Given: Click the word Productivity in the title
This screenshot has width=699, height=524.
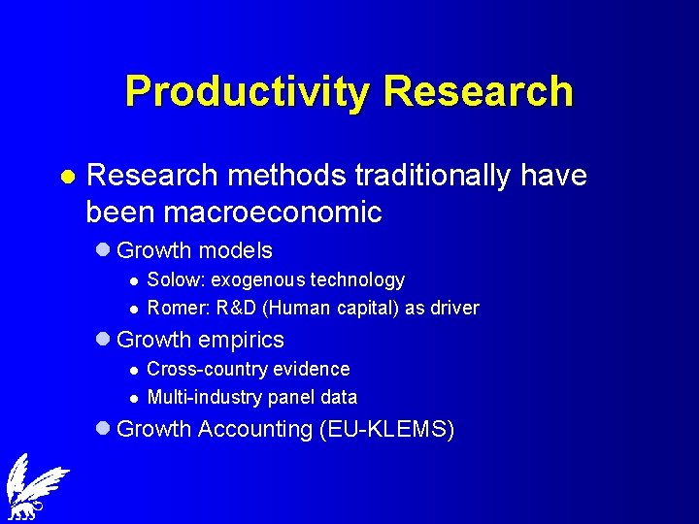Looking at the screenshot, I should (x=249, y=91).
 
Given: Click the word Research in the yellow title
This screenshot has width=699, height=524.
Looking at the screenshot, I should (x=478, y=91).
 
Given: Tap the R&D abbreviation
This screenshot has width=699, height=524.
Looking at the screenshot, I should (x=235, y=309).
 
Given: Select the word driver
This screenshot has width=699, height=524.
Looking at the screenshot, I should (x=453, y=309).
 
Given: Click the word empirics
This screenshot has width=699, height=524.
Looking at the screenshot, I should (x=241, y=340).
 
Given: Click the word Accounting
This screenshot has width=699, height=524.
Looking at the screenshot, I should (x=254, y=429).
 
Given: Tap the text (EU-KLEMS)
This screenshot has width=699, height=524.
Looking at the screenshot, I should (x=386, y=429).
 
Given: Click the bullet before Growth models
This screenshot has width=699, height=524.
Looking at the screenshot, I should (x=105, y=250).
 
